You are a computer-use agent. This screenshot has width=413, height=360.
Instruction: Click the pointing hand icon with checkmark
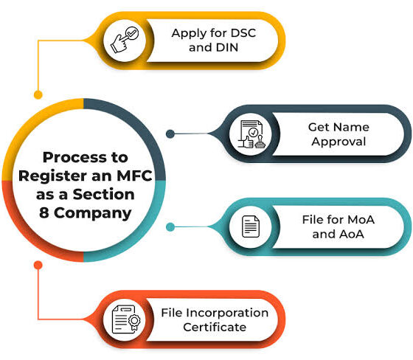125,40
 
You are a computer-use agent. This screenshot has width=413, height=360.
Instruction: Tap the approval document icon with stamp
251,134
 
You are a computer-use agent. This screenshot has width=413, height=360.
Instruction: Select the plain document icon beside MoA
251,226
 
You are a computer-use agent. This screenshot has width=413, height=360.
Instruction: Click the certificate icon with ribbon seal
126,319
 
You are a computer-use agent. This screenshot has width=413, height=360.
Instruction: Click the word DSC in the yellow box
243,33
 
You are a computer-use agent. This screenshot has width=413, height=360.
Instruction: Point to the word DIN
227,47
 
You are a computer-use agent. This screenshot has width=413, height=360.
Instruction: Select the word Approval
339,142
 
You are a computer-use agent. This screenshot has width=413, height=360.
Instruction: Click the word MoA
361,220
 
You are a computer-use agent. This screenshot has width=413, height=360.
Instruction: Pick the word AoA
352,234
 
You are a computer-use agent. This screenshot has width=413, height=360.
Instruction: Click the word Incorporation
229,313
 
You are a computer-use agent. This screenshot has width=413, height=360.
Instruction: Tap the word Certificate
215,328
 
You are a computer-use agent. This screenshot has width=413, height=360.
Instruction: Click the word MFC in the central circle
134,176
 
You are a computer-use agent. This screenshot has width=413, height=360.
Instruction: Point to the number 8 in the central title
44,212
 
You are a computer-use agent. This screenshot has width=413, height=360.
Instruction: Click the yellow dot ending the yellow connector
38,94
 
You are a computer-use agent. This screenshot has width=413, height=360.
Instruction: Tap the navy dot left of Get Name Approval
170,134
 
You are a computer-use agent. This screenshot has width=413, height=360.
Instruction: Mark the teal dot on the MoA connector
170,226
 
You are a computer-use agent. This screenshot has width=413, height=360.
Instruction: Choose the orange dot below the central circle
38,265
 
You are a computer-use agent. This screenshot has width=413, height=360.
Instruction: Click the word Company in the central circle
93,213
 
